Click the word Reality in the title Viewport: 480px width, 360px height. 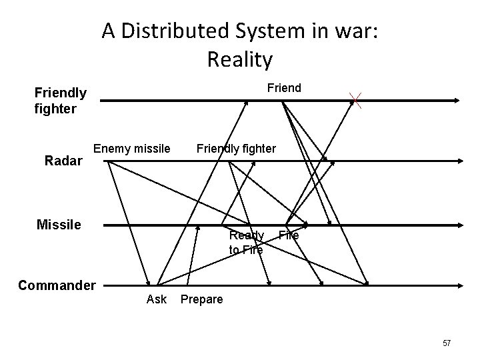point(240,59)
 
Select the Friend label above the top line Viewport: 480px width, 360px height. point(284,87)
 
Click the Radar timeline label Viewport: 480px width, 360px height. point(63,160)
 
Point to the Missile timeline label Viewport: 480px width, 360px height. point(59,225)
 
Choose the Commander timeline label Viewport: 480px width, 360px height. point(57,285)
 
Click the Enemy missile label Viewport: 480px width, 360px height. point(132,148)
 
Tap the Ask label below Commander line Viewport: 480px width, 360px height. point(156,299)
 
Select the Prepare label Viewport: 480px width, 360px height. point(201,299)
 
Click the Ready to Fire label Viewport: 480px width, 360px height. point(246,243)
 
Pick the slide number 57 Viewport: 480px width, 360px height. point(446,343)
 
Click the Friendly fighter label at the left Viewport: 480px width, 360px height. point(60,100)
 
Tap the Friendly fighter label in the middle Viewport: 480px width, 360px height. point(235,148)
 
